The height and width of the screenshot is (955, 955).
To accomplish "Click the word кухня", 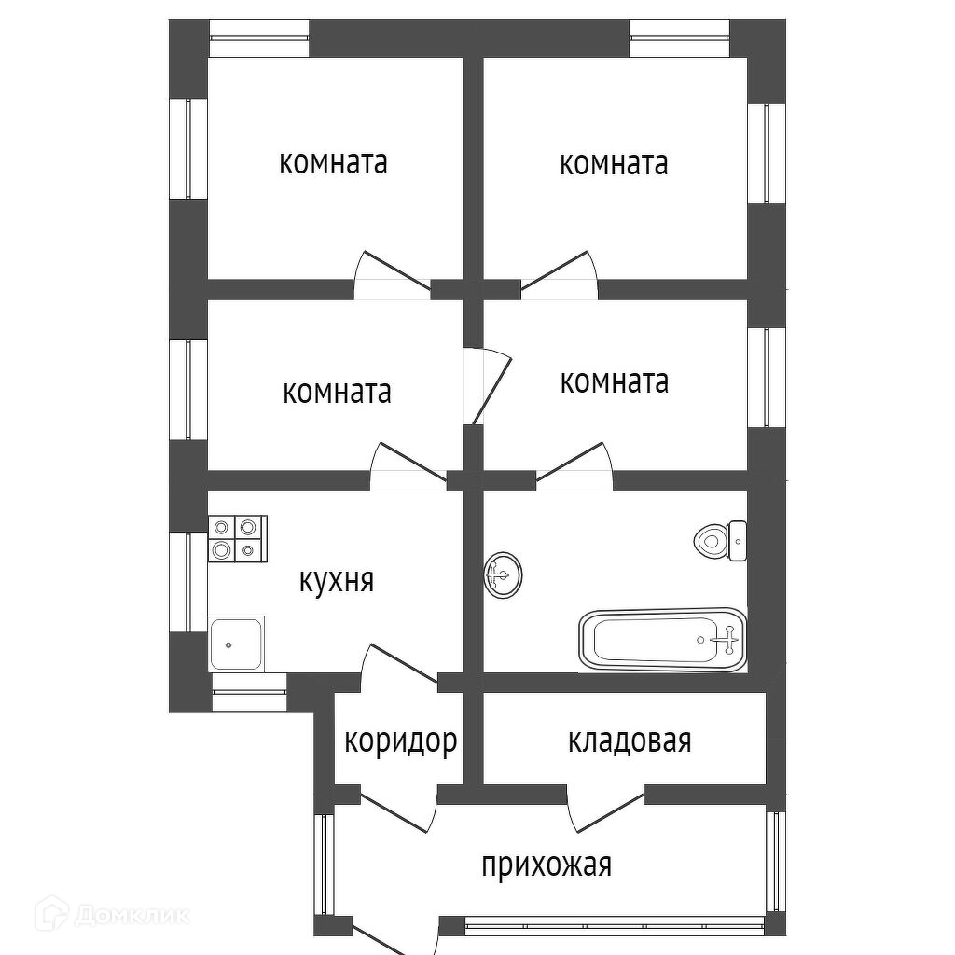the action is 336,581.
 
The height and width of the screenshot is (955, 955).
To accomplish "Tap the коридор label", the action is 401,742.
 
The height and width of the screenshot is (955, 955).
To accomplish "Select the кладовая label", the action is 630,741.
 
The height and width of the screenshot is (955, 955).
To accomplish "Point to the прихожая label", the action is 547,865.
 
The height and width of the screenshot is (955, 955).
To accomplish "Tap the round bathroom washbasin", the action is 503,574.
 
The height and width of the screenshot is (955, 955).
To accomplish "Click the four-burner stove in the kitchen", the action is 238,538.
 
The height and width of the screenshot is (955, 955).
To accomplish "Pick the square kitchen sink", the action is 236,644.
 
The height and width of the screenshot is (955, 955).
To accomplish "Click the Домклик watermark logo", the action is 112,914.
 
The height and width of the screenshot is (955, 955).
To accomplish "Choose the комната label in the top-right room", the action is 614,164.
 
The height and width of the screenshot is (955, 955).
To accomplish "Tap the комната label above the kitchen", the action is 337,393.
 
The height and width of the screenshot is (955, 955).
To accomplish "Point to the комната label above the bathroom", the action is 615,381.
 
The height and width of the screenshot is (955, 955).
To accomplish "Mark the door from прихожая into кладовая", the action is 605,809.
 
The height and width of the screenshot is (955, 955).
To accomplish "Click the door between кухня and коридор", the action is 400,668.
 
